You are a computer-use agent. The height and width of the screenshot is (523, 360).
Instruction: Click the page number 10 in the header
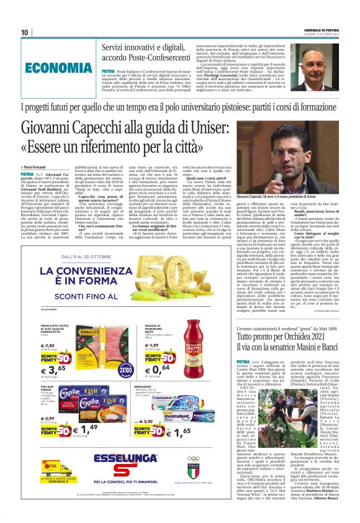click(x=25, y=32)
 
